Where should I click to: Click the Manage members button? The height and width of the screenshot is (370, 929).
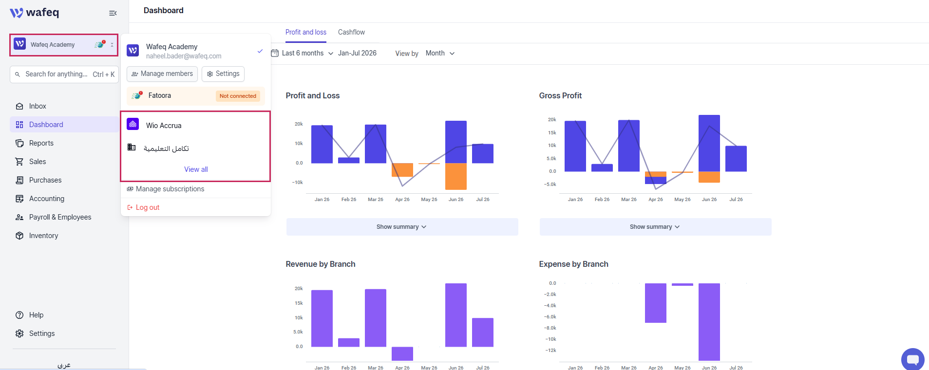coord(162,74)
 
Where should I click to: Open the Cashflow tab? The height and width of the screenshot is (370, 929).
coord(351,32)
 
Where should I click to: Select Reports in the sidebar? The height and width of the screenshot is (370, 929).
coord(41,143)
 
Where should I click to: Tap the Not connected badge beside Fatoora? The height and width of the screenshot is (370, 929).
coord(238,96)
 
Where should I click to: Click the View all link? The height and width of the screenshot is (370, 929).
coord(196,169)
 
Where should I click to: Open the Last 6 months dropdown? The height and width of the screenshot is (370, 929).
coord(303,53)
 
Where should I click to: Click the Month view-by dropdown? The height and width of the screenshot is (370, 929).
coord(440,53)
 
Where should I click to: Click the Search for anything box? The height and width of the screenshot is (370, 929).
coord(64,74)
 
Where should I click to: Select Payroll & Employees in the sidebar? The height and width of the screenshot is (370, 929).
coord(60,217)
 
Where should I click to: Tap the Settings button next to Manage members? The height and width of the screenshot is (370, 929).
coord(223,74)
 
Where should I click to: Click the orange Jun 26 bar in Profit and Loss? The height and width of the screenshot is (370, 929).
coord(456,176)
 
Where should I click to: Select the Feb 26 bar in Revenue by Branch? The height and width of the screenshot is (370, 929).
coord(349,342)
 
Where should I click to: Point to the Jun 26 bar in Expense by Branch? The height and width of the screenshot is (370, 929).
coord(709,322)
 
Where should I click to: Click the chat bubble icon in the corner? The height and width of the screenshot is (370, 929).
coord(912,359)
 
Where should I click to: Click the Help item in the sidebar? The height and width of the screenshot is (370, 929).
coord(36,315)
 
